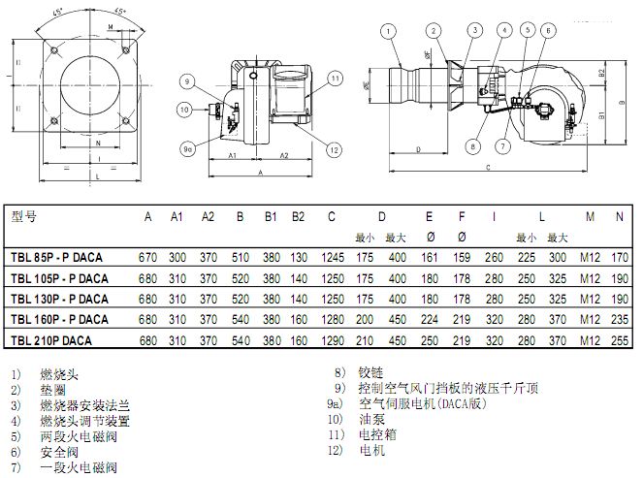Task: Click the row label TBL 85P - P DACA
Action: [x=56, y=258]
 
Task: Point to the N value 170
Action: [x=619, y=258]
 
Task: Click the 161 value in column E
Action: [x=429, y=258]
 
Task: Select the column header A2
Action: [x=208, y=216]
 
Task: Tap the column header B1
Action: [x=272, y=216]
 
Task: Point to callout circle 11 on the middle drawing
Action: [x=333, y=78]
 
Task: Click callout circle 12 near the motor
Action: [x=333, y=148]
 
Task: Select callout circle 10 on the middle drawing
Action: [x=186, y=110]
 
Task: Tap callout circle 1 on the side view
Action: [x=388, y=31]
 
